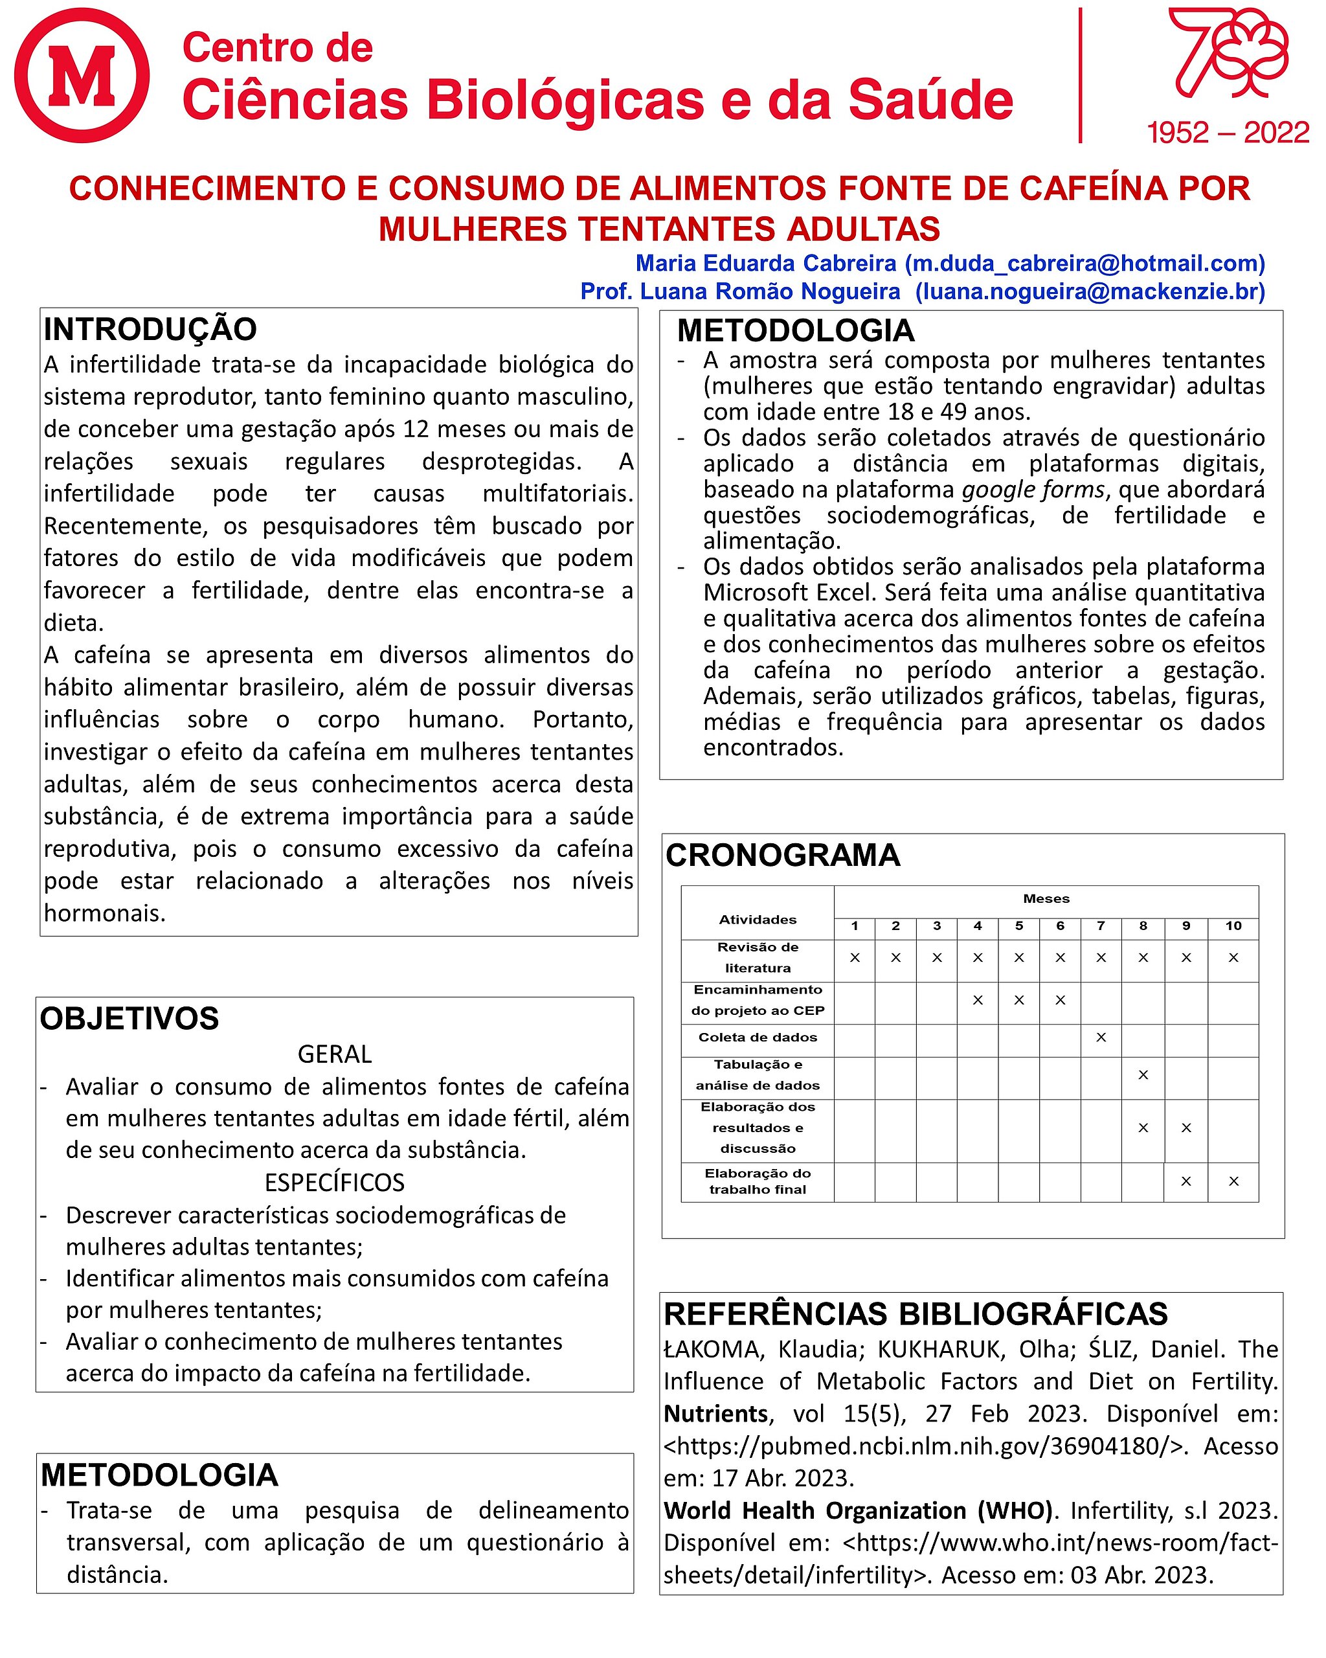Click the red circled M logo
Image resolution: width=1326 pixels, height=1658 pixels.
[82, 75]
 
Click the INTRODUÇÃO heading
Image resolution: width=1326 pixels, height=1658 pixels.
[150, 329]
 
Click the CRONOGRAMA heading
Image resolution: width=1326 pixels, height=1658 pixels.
[783, 855]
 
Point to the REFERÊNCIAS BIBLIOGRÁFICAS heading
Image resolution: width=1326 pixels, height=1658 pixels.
[916, 1314]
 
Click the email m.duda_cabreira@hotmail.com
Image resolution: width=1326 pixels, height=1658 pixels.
[1084, 263]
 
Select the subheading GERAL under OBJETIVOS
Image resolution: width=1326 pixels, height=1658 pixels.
[334, 1054]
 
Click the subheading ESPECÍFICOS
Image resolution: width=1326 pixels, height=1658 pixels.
[334, 1182]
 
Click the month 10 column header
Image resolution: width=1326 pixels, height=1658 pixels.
[1233, 926]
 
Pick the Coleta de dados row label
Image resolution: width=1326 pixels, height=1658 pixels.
[757, 1038]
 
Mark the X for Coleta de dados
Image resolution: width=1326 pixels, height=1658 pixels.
[1101, 1038]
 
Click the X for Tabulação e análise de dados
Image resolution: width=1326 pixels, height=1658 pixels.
[1143, 1074]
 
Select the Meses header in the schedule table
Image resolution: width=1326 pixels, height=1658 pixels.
[1046, 898]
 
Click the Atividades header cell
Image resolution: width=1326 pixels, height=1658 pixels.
[757, 919]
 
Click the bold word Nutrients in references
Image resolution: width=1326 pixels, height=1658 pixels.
[715, 1413]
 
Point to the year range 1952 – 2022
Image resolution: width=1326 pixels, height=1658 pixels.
[1228, 132]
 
